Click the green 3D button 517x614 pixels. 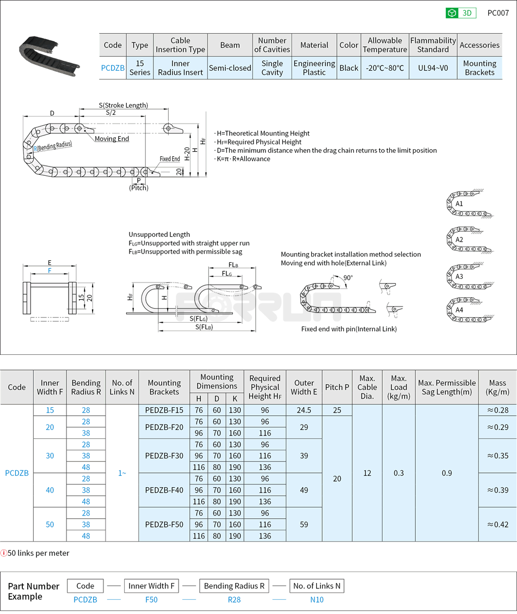tap(460, 13)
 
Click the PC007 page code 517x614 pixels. tap(497, 13)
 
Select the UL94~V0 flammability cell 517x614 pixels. tap(433, 68)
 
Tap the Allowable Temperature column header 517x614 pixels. tap(385, 45)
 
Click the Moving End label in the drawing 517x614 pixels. tap(112, 139)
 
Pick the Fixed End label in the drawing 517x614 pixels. tap(170, 159)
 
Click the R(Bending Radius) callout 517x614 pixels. tap(53, 146)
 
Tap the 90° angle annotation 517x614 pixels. tap(348, 278)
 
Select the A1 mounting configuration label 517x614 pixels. tap(459, 204)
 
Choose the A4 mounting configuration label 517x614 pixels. tap(459, 310)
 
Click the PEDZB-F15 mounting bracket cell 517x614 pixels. tap(164, 410)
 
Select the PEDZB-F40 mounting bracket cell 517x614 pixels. tap(164, 490)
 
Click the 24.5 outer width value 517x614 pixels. tap(304, 410)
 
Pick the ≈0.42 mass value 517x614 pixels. tap(497, 524)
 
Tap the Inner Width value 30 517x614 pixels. tap(50, 456)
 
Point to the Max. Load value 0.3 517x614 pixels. tap(399, 472)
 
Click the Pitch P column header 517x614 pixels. tap(337, 387)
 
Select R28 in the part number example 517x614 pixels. tap(233, 599)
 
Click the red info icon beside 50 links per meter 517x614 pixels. tap(4, 553)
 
